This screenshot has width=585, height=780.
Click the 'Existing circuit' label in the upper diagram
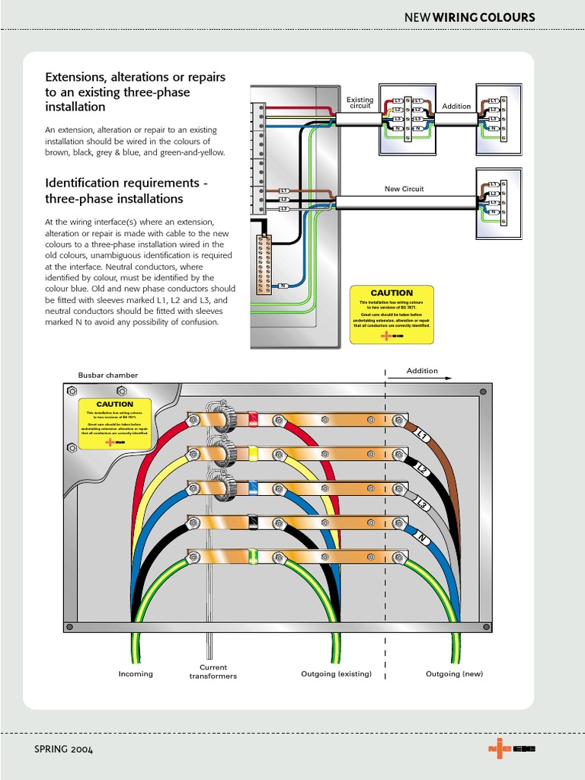pyautogui.click(x=360, y=103)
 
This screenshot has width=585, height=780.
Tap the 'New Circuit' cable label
pyautogui.click(x=404, y=189)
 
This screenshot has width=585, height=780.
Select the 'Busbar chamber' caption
pyautogui.click(x=108, y=376)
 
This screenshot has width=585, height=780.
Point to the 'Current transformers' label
pyautogui.click(x=213, y=672)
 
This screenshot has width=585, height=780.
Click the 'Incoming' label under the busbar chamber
pyautogui.click(x=136, y=674)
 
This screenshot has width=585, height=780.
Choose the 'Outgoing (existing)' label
pyautogui.click(x=337, y=674)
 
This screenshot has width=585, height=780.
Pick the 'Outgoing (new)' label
pyautogui.click(x=455, y=674)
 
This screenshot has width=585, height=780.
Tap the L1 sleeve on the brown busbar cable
pyautogui.click(x=423, y=436)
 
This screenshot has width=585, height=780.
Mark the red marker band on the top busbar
pyautogui.click(x=253, y=418)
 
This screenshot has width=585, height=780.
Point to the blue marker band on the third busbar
pyautogui.click(x=253, y=488)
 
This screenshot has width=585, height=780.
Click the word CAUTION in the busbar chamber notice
pyautogui.click(x=115, y=404)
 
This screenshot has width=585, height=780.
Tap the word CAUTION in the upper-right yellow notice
pyautogui.click(x=392, y=293)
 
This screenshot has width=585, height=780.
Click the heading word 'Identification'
pyautogui.click(x=82, y=184)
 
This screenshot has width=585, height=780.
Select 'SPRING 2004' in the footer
pyautogui.click(x=64, y=750)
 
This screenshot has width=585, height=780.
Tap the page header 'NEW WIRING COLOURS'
pyautogui.click(x=479, y=18)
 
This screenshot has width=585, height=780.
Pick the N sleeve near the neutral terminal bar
pyautogui.click(x=282, y=286)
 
